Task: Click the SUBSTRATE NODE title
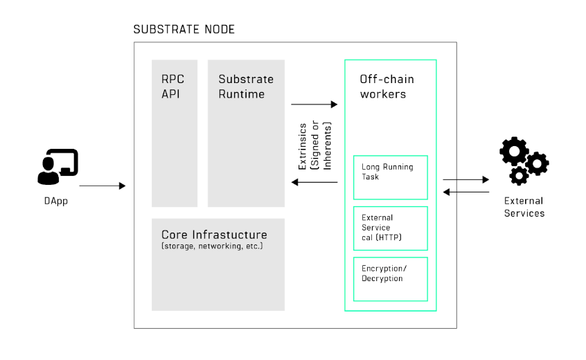point(184,30)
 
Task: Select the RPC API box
point(175,133)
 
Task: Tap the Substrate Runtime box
point(246,133)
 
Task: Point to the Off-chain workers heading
point(387,87)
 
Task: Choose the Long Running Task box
point(390,177)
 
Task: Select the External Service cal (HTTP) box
point(390,228)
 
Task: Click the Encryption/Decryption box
point(390,279)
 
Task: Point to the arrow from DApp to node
point(103,186)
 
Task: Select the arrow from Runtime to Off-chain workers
point(314,105)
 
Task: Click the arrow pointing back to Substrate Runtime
point(314,182)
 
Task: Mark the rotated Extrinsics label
point(313,145)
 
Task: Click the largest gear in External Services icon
point(513,151)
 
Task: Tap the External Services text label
point(524,207)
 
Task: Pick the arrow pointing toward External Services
point(465,179)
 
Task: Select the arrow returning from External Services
point(465,192)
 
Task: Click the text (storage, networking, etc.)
point(212,246)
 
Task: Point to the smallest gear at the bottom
point(518,176)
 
